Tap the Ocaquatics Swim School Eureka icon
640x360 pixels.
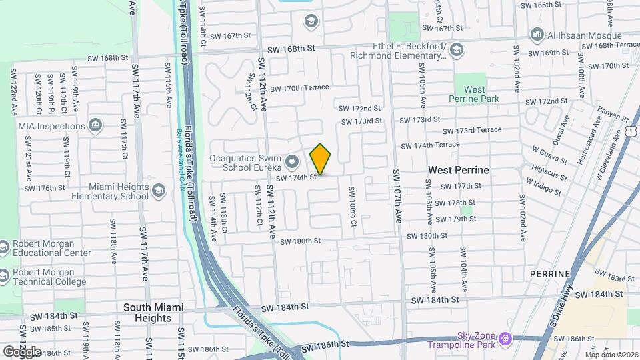point(291,161)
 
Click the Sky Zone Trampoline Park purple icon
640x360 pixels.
point(505,339)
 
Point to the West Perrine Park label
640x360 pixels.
point(475,94)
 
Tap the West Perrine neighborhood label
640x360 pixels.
point(458,170)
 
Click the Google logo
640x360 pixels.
point(22,351)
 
